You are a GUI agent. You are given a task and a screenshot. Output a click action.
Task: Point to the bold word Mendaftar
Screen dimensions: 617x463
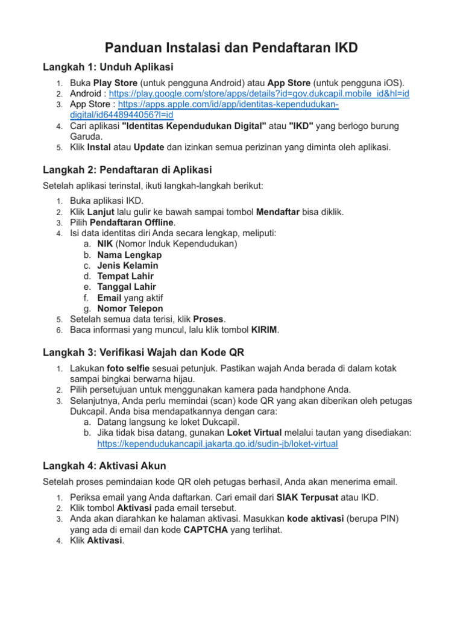tap(280, 211)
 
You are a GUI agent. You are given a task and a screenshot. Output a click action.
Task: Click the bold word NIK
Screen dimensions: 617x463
tap(105, 244)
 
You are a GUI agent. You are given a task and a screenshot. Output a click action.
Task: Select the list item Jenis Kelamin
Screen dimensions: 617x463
tap(128, 266)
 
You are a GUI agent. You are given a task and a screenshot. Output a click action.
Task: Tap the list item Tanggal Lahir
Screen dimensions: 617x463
tap(127, 287)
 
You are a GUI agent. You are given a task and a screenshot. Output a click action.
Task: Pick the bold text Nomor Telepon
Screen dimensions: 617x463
tap(130, 308)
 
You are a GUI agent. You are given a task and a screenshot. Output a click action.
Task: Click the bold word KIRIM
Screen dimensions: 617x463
tap(265, 330)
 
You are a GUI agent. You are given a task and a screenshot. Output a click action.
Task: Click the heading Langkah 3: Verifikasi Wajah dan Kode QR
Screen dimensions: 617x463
tap(143, 352)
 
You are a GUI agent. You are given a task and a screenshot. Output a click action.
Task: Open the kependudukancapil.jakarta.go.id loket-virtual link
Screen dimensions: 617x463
tap(218, 444)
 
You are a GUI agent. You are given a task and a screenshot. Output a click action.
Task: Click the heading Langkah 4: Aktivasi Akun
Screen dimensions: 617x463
tap(105, 466)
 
